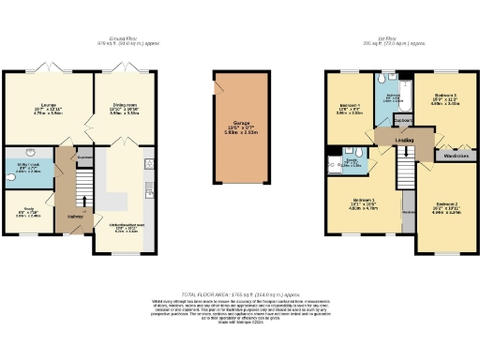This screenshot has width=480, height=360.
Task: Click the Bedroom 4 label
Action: click(x=349, y=105)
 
